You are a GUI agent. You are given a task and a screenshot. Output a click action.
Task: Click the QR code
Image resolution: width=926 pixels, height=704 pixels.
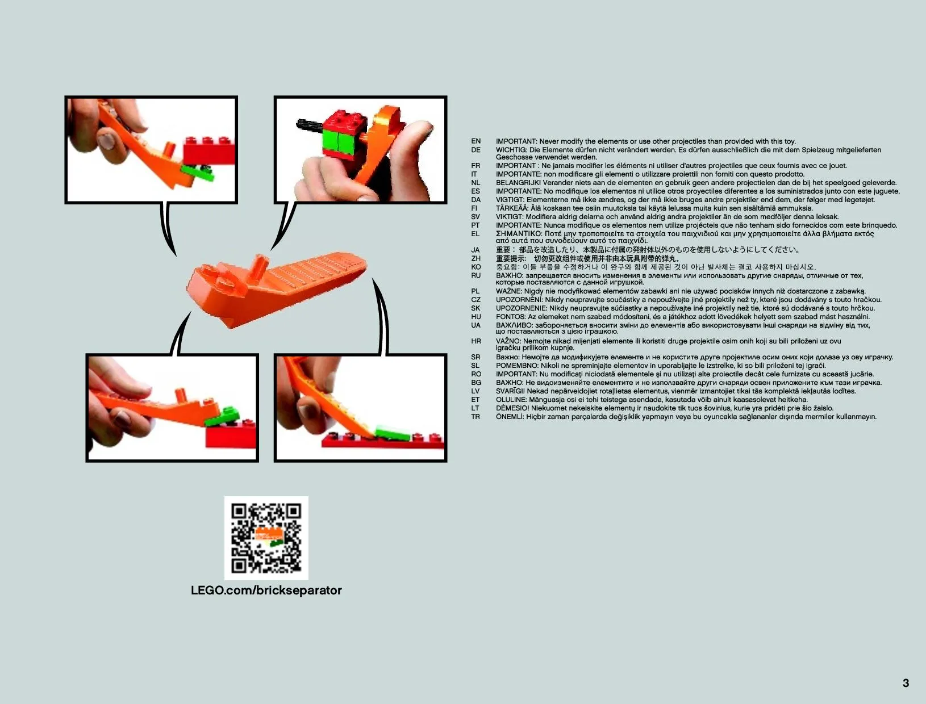(266, 538)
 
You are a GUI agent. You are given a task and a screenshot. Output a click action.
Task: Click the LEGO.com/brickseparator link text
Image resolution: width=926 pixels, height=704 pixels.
(266, 590)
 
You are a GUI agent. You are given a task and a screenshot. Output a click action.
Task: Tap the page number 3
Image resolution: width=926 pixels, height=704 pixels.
(906, 683)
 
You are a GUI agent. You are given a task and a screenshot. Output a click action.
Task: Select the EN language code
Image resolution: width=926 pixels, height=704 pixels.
(476, 141)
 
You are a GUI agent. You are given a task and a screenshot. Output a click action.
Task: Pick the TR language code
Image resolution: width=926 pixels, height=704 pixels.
(475, 417)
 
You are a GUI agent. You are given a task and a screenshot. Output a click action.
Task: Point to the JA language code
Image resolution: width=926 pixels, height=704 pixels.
(475, 250)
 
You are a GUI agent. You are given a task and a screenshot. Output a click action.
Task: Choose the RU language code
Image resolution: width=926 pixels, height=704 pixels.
(476, 276)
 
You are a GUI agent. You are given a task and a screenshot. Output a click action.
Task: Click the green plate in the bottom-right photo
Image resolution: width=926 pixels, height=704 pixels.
(393, 434)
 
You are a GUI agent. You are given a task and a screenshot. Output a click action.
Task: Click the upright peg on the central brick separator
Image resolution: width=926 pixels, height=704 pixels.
(258, 267)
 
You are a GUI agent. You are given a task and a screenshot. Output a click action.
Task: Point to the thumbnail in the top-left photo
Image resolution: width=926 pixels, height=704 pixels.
(106, 140)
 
